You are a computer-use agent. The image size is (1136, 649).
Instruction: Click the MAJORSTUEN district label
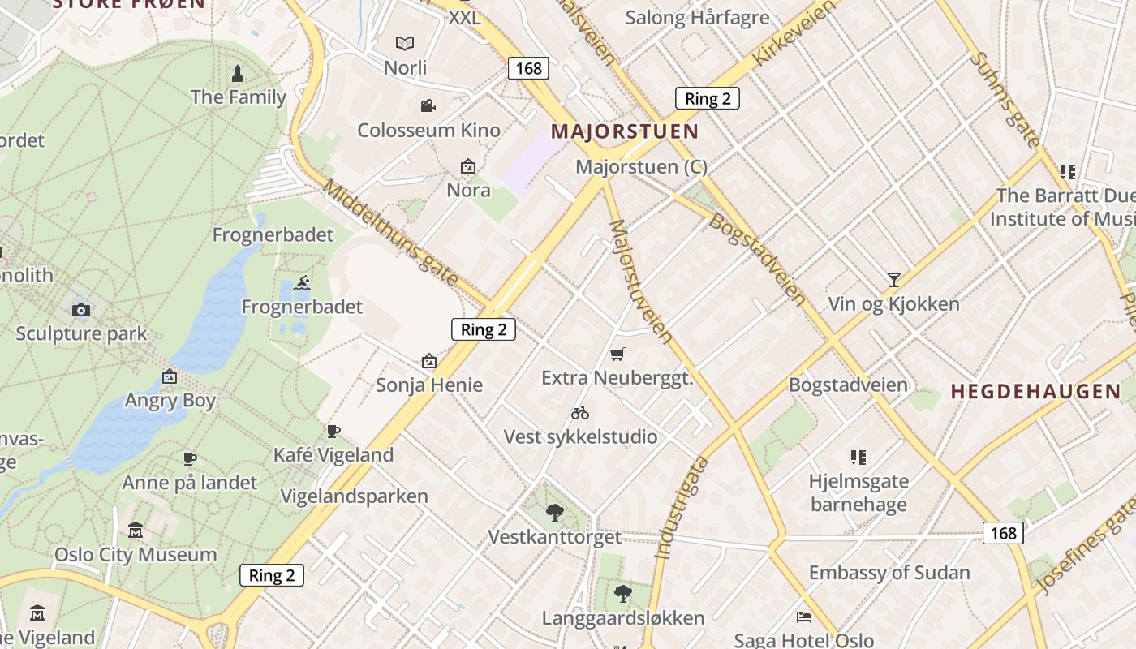tap(624, 131)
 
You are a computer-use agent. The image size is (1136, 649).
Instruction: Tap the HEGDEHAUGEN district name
tap(1035, 392)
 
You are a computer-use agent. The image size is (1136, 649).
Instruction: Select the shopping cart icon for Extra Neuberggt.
tap(617, 354)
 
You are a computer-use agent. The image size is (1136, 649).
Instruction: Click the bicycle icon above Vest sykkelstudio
tap(579, 413)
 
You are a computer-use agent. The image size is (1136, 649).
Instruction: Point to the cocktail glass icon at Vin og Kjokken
tap(893, 280)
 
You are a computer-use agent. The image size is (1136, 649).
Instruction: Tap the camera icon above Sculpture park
tap(81, 310)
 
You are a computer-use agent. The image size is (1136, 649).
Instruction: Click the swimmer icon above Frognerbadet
tap(302, 283)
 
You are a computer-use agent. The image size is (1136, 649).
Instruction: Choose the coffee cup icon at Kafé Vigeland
tap(333, 431)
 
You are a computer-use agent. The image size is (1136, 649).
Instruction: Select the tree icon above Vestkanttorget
tap(555, 512)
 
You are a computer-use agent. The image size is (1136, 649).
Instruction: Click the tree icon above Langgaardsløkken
tap(622, 594)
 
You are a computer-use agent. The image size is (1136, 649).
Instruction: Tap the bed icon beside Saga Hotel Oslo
tap(804, 617)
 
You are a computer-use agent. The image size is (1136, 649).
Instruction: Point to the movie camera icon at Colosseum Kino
tap(428, 105)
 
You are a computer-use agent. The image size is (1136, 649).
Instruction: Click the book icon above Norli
tap(404, 43)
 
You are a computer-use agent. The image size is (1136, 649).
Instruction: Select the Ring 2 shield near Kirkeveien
tap(707, 99)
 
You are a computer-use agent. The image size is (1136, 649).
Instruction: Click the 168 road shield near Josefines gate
tap(1003, 533)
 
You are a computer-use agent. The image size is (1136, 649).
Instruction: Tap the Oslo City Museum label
tap(136, 555)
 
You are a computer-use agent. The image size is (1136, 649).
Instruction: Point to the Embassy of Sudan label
tap(889, 573)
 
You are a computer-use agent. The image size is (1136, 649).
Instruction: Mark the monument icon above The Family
tap(238, 74)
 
